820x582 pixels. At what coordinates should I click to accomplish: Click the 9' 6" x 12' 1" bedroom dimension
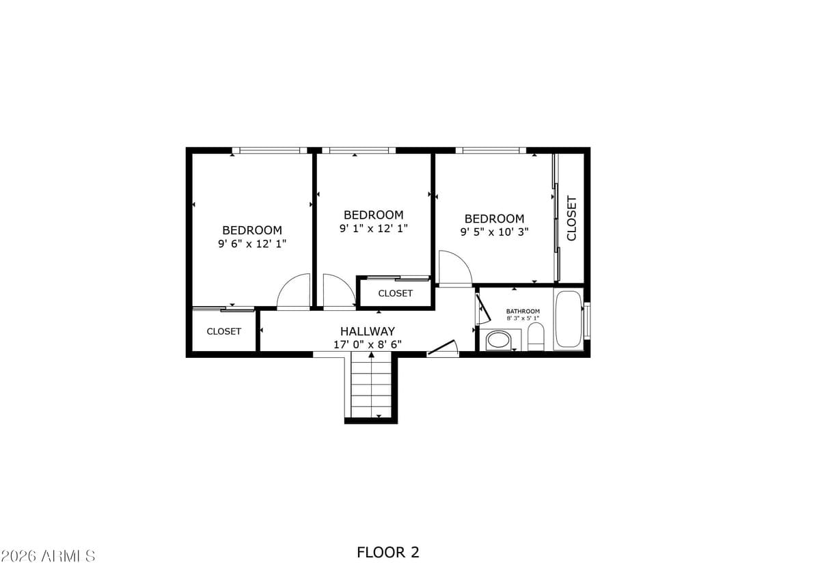252,243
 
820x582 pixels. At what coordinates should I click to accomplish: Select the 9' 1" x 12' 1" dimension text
373,228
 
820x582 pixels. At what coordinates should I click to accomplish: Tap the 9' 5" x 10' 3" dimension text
494,232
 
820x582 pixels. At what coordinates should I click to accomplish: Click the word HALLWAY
368,331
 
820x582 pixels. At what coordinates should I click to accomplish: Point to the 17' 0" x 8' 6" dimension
368,344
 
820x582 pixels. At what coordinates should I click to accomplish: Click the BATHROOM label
523,311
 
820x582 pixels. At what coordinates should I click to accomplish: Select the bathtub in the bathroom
568,320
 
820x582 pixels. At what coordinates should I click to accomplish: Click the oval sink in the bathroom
499,339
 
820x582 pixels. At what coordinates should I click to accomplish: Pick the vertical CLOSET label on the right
572,219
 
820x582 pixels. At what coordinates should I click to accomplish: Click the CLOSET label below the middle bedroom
395,293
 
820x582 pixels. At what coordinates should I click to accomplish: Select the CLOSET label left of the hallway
223,331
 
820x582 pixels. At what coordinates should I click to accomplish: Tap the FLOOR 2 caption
387,552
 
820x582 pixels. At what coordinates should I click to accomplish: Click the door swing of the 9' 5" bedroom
453,268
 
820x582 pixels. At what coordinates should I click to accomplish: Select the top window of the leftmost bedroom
269,150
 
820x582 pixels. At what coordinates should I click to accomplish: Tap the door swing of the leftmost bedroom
295,292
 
